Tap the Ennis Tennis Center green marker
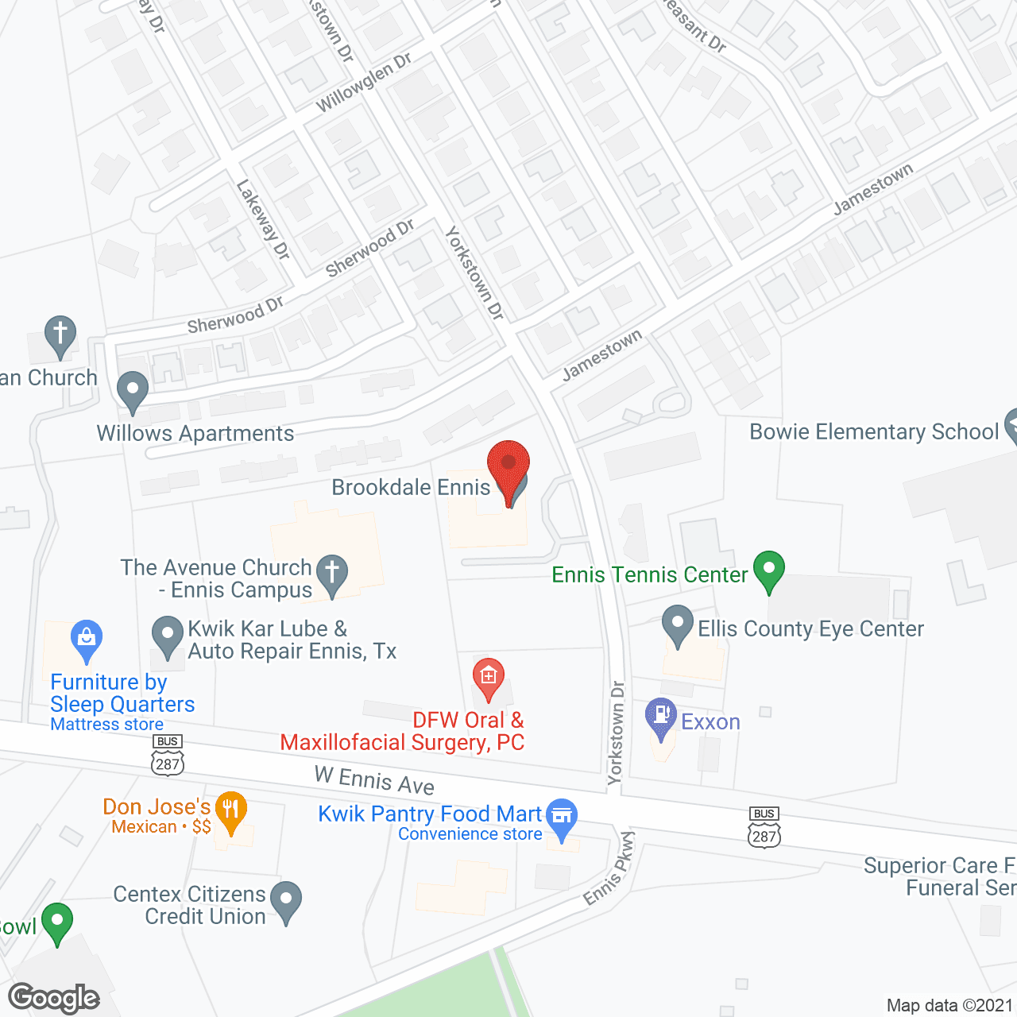[x=768, y=570]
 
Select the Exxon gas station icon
[x=660, y=717]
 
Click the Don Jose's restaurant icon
[x=230, y=810]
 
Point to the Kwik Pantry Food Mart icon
[x=562, y=818]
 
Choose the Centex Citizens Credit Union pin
[x=286, y=901]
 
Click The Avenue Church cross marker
[x=332, y=574]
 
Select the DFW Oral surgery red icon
[x=488, y=678]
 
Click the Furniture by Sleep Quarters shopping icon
[x=86, y=639]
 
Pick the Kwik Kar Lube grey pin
[x=168, y=636]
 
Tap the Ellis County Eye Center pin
[x=678, y=625]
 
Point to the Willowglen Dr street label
[x=364, y=82]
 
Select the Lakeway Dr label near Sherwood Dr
[x=263, y=219]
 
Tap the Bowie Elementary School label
[x=874, y=431]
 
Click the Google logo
[x=54, y=998]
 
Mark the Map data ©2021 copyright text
[x=949, y=1005]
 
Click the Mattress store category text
[x=106, y=725]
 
